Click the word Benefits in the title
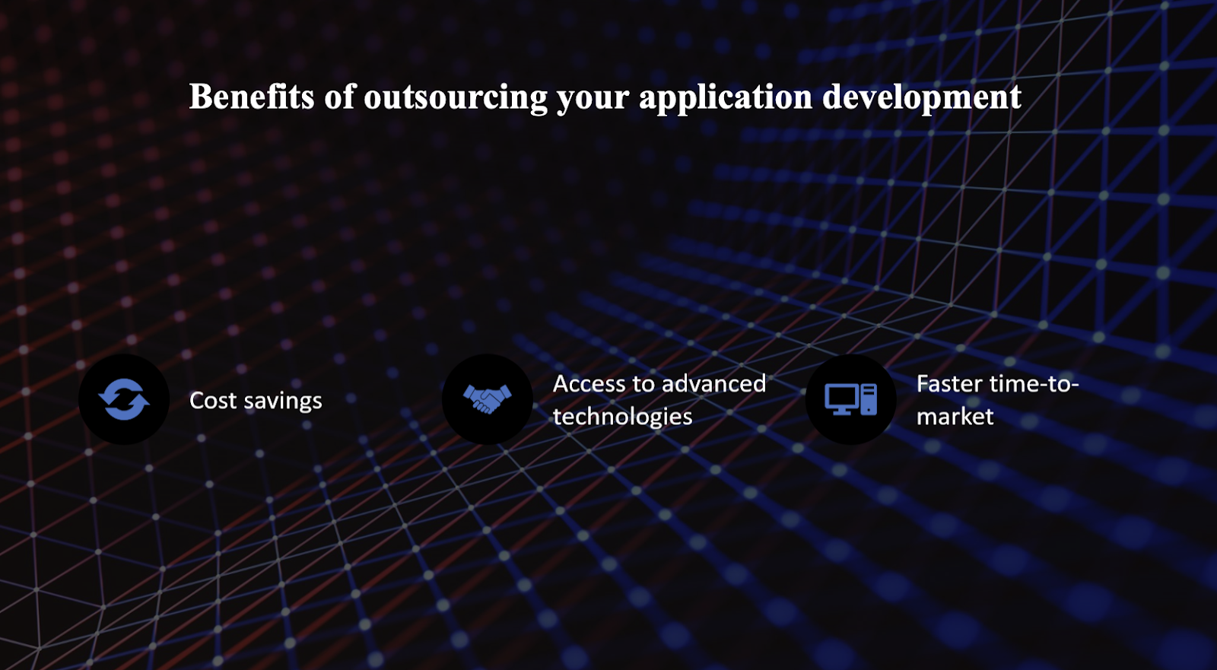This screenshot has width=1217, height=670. [x=252, y=97]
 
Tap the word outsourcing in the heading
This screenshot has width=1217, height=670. [x=456, y=98]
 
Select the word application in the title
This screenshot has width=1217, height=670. [x=726, y=98]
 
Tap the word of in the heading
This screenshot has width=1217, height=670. [x=339, y=97]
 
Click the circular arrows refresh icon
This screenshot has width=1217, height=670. [x=124, y=399]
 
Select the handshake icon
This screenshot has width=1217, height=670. [x=488, y=399]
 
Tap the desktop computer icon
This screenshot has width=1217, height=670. [x=851, y=399]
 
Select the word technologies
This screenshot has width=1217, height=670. [x=623, y=418]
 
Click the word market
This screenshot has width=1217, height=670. [x=955, y=417]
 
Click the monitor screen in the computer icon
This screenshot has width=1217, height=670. [x=841, y=396]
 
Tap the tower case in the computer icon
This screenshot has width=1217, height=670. [x=869, y=399]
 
